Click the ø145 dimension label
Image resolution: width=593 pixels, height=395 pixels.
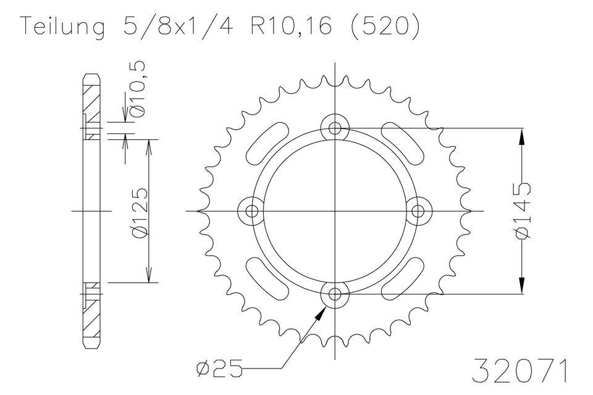(523, 210)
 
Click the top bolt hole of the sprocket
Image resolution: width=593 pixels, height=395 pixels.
(335, 128)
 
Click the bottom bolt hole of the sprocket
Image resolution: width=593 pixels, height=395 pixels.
(335, 294)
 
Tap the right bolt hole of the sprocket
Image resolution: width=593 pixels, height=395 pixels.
(418, 211)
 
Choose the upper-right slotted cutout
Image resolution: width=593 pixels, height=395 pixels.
(403, 143)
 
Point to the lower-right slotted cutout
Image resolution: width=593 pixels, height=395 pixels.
(403, 279)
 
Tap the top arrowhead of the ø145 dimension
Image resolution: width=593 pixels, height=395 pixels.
(523, 137)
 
